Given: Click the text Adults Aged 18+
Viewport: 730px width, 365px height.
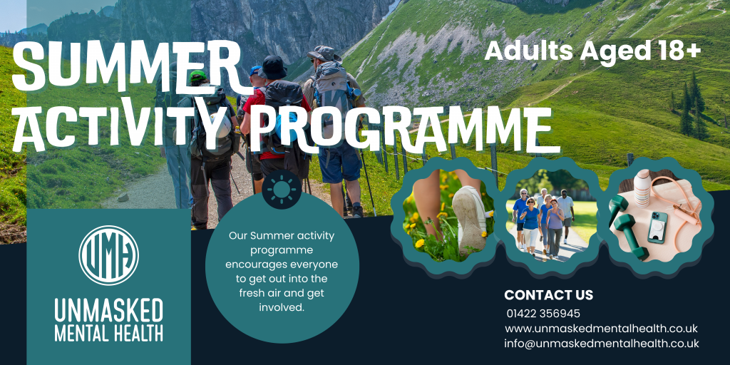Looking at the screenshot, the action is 592,51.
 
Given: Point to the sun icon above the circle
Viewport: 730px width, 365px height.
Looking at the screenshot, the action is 282,189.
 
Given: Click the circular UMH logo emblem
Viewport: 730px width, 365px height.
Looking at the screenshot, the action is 109,255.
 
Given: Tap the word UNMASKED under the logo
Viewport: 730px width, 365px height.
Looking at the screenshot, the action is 109,311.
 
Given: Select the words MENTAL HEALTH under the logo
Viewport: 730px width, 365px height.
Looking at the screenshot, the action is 109,334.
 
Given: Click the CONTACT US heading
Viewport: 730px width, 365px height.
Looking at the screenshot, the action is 548,295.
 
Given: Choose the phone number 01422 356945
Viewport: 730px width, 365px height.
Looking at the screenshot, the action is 543,314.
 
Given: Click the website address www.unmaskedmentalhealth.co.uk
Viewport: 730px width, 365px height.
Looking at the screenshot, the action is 601,328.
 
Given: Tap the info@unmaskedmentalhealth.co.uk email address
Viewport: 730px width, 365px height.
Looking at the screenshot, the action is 602,344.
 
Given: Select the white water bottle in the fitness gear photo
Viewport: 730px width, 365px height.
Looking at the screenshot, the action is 642,187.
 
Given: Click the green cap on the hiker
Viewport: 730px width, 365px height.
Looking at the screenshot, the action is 197,76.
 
